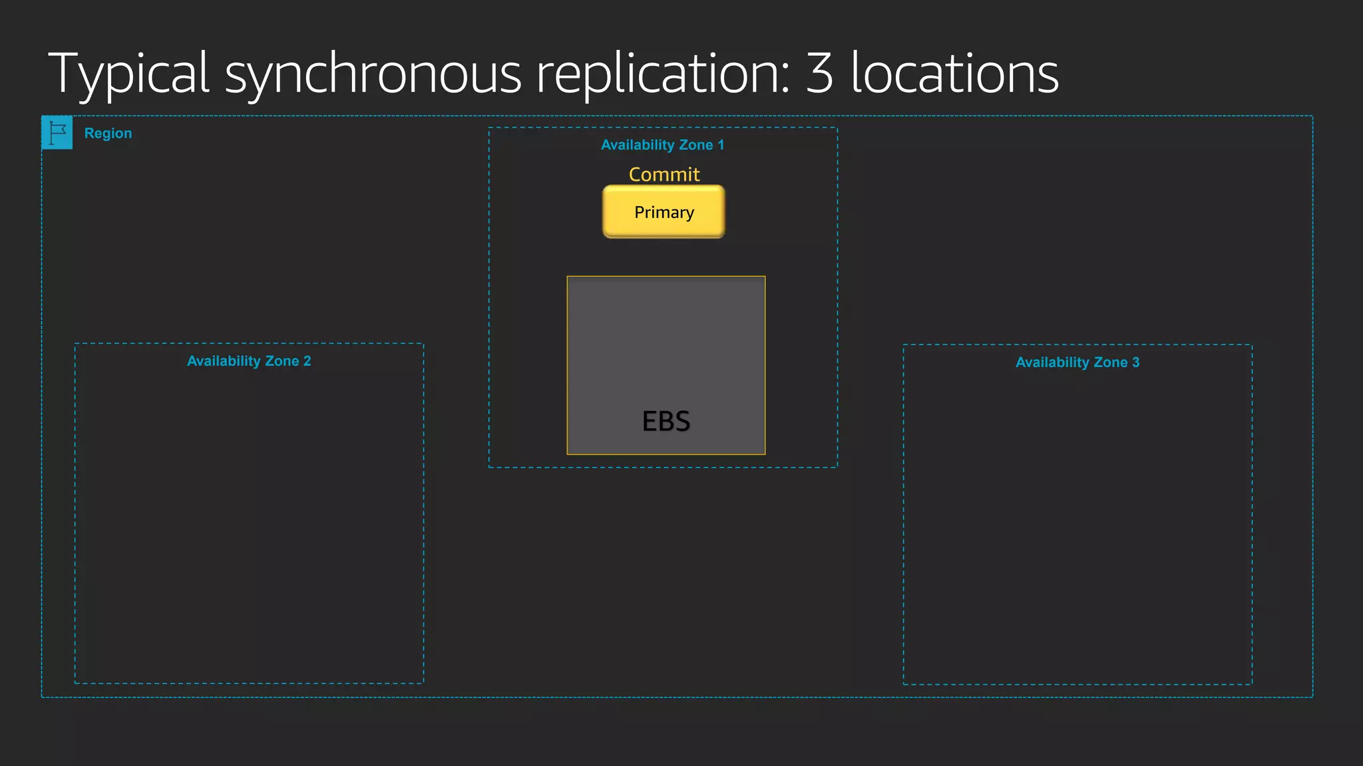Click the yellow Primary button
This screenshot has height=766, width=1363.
coord(664,212)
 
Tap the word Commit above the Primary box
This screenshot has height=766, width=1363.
coord(664,174)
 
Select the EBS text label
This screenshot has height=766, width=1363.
coord(666,421)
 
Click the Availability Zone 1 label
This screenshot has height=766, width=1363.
coord(662,145)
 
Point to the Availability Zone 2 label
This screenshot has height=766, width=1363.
coord(249,361)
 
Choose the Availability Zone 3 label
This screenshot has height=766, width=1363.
coord(1077,362)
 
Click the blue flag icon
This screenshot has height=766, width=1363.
coord(57,133)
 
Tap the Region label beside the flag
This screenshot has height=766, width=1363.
coord(108,133)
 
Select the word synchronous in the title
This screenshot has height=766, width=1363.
coord(373,74)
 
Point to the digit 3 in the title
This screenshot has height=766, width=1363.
coord(819,73)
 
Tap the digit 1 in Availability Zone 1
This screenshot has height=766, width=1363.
coord(720,145)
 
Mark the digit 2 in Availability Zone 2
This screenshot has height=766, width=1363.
coord(307,361)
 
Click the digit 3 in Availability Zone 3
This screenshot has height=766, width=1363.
coord(1136,362)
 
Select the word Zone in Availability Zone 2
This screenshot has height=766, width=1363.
coord(282,361)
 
